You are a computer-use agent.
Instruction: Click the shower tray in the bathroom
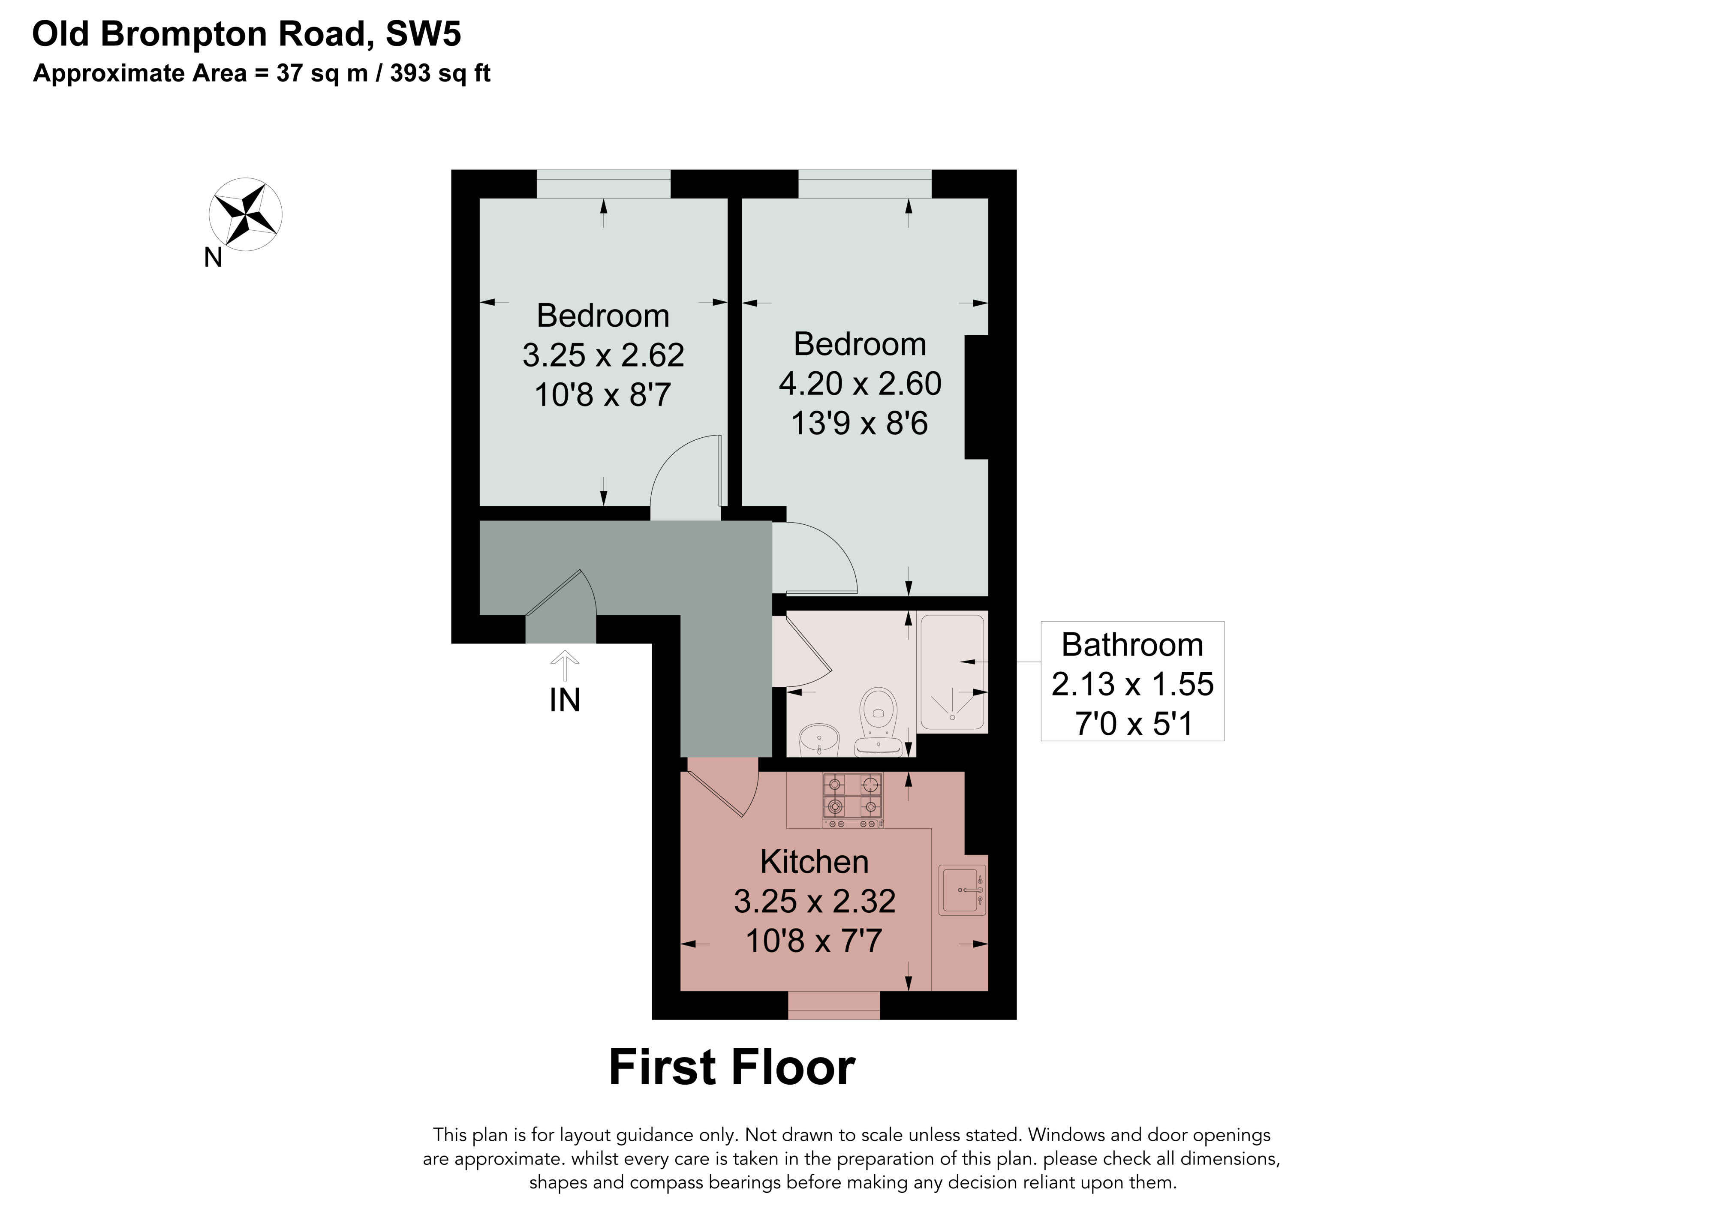(952, 671)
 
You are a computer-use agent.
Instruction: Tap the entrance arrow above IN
(565, 665)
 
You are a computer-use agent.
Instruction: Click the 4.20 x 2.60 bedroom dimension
(860, 384)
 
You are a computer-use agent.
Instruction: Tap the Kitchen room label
(814, 862)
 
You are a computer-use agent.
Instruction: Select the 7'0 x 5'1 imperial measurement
(1133, 724)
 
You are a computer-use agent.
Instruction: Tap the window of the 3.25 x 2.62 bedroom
(604, 184)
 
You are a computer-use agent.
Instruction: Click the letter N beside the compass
(214, 258)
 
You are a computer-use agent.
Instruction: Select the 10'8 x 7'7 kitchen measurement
(814, 941)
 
